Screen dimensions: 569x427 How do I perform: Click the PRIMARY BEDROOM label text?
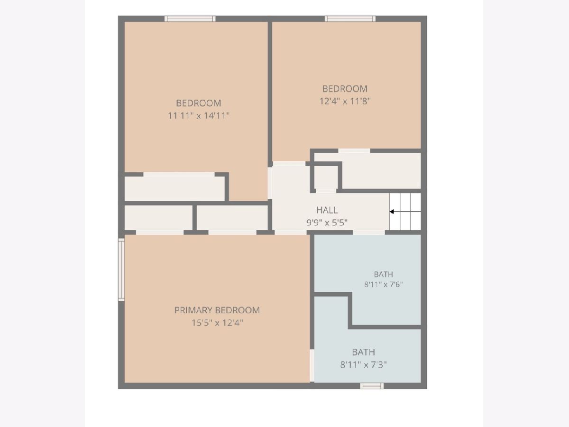point(217,310)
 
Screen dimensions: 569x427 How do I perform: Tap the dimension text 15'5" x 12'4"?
point(217,323)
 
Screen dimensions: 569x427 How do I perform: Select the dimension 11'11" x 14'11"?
point(199,115)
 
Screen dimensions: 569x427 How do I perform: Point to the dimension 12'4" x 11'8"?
point(345,101)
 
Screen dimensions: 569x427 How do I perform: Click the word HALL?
point(327,210)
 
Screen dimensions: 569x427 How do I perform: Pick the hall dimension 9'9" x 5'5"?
point(327,223)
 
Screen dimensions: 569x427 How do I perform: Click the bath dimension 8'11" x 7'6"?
point(384,284)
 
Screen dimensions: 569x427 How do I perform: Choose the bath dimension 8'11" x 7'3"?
point(363,365)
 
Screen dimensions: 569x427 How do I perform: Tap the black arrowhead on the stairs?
point(392,212)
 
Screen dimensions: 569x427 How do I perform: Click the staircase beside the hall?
point(405,211)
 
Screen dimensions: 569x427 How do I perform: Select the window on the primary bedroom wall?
point(121,269)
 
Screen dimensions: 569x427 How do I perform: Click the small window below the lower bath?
point(372,386)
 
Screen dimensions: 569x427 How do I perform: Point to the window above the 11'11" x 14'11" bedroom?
point(190,19)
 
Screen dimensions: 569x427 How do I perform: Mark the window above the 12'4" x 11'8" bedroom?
point(350,19)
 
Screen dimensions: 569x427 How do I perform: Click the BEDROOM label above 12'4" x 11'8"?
point(345,89)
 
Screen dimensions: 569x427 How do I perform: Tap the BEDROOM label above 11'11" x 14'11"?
point(199,103)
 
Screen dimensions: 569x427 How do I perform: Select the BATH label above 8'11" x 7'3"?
point(363,352)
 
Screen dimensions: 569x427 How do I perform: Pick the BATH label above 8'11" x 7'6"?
point(384,274)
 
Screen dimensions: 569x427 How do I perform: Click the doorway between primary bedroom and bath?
point(312,365)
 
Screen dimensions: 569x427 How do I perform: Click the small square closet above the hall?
point(326,177)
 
